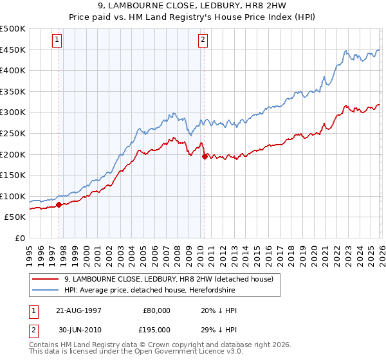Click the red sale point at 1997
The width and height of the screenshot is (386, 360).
pos(59,205)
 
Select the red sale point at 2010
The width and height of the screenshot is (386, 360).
pos(205,156)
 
